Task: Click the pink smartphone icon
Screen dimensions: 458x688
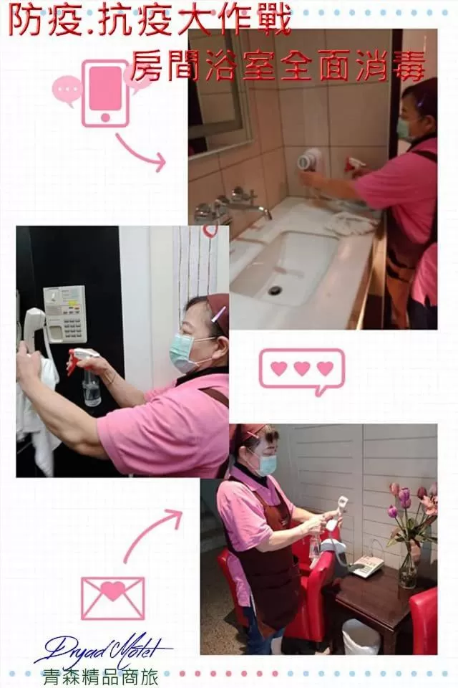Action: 104,93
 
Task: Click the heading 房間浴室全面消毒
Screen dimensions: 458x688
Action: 279,66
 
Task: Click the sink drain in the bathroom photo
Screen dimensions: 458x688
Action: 276,290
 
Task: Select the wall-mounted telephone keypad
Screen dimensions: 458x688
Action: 65,314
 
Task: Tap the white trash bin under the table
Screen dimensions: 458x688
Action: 360,636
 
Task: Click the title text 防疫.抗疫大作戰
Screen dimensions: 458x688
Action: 150,21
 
